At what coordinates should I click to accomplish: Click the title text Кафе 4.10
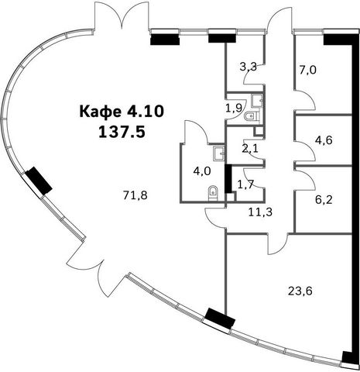click(x=122, y=112)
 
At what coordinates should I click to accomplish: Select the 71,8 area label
click(x=135, y=195)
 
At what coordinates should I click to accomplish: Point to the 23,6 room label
click(x=300, y=291)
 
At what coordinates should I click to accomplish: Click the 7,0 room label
click(x=307, y=70)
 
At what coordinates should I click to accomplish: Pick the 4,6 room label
click(x=324, y=140)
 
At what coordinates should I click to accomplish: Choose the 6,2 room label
click(x=324, y=199)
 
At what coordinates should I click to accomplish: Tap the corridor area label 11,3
click(x=260, y=212)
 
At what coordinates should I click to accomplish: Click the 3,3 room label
click(x=249, y=67)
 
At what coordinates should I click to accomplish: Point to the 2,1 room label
click(x=250, y=149)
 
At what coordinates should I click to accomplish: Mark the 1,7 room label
click(x=245, y=184)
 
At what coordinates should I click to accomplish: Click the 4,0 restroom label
click(x=202, y=171)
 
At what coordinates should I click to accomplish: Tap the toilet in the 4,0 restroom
click(x=213, y=193)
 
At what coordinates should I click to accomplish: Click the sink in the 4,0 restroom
click(x=219, y=152)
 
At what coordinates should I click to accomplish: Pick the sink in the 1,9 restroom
click(x=257, y=101)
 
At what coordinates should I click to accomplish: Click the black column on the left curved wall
click(x=39, y=181)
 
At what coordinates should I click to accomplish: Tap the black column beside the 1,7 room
click(x=228, y=179)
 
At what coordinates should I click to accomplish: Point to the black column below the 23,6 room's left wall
click(x=220, y=319)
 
